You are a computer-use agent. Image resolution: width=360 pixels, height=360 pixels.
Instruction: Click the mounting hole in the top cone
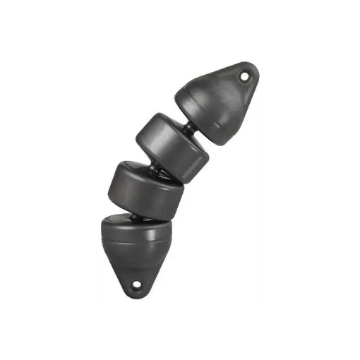(245, 75)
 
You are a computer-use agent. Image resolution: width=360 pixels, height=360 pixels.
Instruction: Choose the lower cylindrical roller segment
(147, 188)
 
